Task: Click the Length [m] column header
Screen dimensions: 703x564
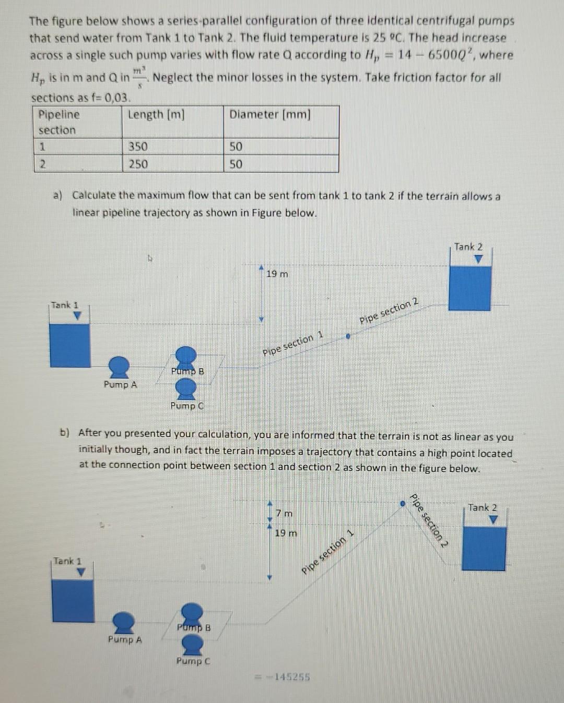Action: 156,114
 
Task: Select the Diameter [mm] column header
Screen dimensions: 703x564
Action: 270,114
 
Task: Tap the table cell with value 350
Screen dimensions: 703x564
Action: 138,147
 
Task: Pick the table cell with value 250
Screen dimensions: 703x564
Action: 138,164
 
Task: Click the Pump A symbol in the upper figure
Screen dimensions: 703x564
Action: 120,367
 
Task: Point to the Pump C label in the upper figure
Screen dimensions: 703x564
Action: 187,406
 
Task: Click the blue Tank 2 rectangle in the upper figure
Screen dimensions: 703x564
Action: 469,288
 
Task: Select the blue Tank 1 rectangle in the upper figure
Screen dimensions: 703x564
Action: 69,345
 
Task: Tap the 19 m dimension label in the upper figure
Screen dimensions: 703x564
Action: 277,274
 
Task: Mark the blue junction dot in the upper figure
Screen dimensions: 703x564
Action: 348,337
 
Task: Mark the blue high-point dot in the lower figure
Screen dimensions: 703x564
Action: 403,504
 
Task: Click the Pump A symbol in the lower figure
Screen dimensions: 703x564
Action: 124,622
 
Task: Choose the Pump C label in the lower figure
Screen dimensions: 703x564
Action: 193,661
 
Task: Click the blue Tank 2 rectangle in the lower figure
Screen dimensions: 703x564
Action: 484,549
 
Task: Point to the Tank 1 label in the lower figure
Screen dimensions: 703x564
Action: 67,561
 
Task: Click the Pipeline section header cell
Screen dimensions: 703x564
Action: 59,122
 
